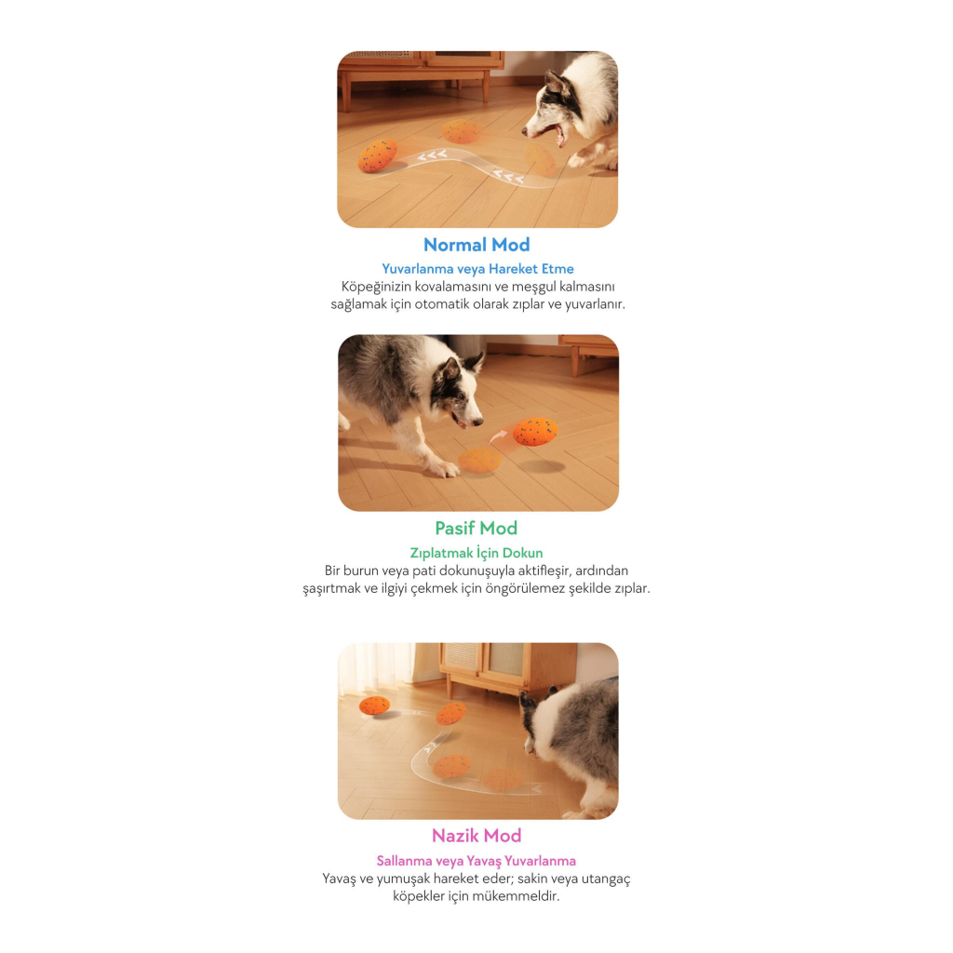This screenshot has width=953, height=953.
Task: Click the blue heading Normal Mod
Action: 476,245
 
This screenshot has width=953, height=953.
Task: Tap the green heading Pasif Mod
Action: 476,529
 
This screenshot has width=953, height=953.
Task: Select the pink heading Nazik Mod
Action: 476,836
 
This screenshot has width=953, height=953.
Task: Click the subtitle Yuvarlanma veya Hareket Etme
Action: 477,269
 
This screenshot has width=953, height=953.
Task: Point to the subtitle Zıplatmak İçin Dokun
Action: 476,553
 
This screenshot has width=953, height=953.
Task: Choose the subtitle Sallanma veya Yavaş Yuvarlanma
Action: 476,861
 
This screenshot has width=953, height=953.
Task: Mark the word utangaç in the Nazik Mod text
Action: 606,879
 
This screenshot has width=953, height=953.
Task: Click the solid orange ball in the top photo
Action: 378,155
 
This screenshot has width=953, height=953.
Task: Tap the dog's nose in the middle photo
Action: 478,421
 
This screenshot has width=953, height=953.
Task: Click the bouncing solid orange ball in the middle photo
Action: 535,432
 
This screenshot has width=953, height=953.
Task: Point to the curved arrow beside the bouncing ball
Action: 499,436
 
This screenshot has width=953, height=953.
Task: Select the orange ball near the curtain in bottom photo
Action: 374,705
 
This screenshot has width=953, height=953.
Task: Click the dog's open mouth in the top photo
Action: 558,134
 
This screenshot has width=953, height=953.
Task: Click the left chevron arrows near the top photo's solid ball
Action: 432,156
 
